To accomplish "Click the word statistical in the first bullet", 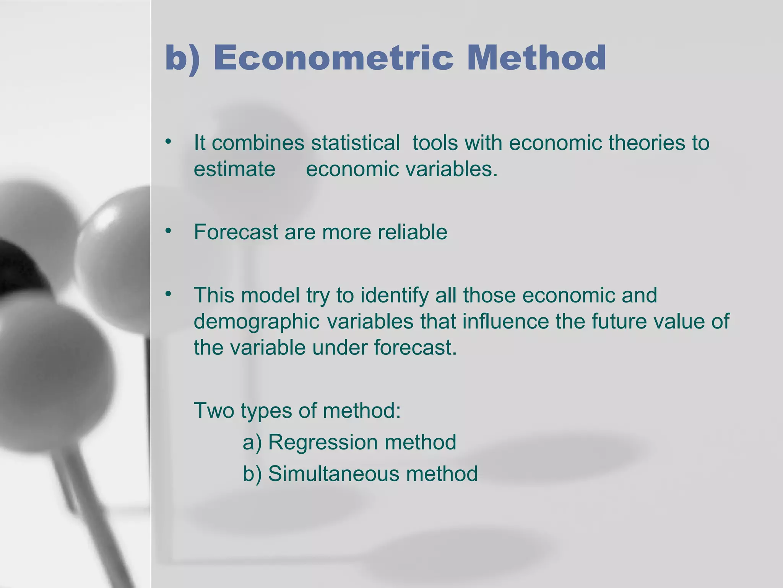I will (x=355, y=143).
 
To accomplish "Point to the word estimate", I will (x=234, y=169).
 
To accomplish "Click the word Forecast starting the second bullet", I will (x=236, y=232).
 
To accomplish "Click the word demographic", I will (x=256, y=322).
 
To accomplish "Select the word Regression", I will (x=323, y=442).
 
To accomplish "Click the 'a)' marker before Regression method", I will (x=252, y=443).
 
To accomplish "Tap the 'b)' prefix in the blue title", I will (x=182, y=59).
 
